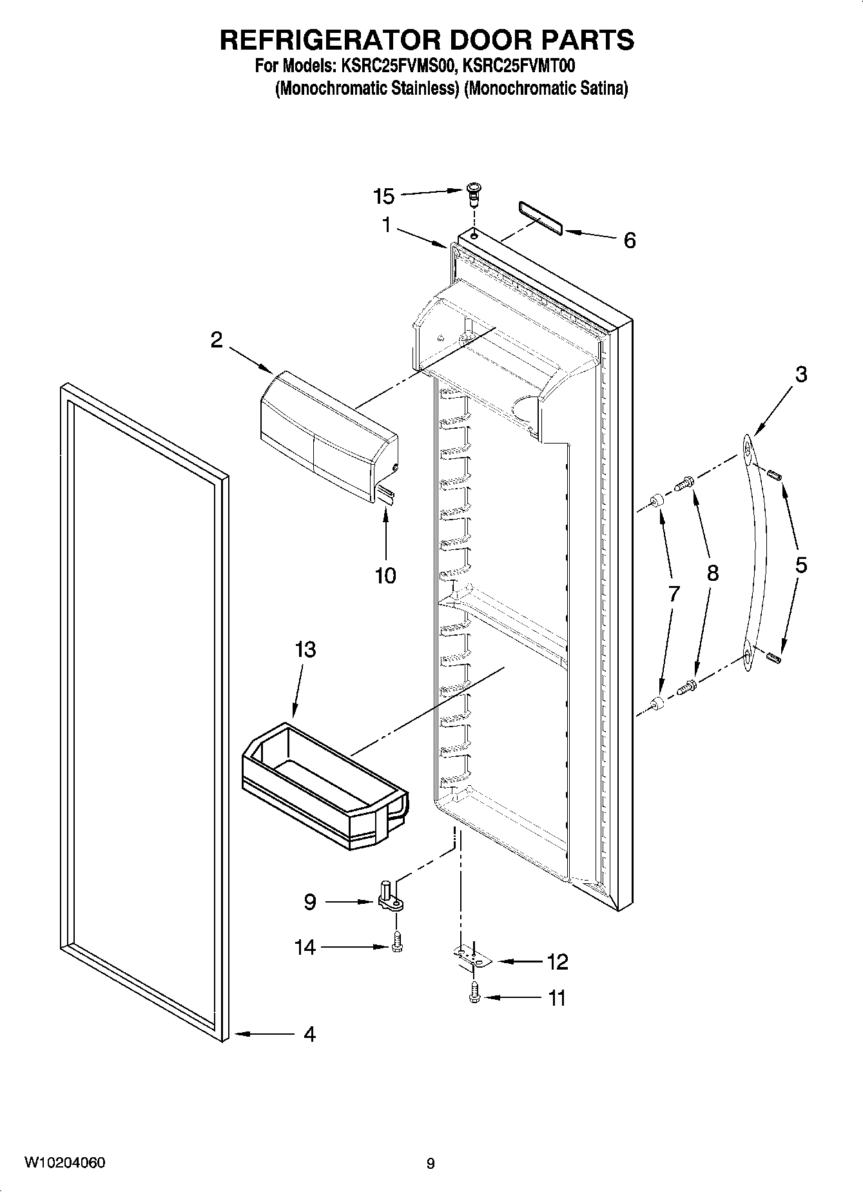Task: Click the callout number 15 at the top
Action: pos(384,196)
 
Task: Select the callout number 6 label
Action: pos(629,240)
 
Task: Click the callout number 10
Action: pos(385,575)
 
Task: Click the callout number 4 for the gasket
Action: pos(309,1034)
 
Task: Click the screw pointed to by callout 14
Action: pos(396,943)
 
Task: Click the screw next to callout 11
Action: pos(475,992)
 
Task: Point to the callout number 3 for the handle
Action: pos(800,374)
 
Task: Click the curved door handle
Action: pos(755,554)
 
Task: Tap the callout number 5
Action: pos(800,565)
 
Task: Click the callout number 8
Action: pos(712,572)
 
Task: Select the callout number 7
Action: pos(674,594)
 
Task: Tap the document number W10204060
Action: pos(65,1162)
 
